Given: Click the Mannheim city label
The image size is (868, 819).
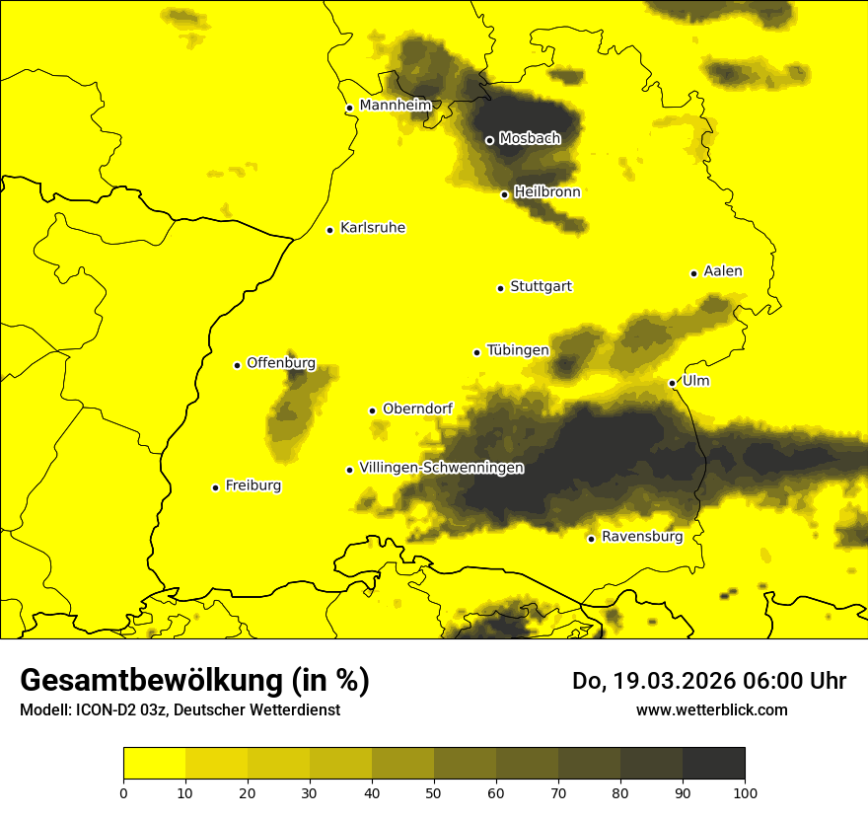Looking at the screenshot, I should point(395,105).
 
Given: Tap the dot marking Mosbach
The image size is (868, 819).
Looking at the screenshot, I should point(489,140).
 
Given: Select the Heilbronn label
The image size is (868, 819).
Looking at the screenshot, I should point(547,191).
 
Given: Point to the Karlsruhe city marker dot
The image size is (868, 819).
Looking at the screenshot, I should point(330,230).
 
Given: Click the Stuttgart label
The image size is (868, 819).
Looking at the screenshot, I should point(541,286).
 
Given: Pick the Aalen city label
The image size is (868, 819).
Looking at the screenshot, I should point(723,270).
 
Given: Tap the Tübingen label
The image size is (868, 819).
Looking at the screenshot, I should point(518,349).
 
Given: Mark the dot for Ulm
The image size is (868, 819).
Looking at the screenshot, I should point(673,383).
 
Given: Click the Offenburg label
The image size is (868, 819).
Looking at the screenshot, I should point(281,362).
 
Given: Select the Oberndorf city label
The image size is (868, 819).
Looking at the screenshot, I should point(417,409).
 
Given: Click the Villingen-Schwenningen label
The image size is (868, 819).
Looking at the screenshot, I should point(441,468).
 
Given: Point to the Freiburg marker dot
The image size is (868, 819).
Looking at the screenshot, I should point(216,487).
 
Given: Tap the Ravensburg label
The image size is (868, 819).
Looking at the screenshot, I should point(642,537).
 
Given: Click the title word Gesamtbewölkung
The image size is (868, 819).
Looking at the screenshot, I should point(152,681).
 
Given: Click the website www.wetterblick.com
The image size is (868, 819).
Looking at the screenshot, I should point(711,709).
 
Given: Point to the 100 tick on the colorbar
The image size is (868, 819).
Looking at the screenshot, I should point(745,791).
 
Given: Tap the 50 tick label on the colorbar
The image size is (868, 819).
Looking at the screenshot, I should point(434,791).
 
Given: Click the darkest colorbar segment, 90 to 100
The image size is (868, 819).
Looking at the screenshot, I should point(713,764).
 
